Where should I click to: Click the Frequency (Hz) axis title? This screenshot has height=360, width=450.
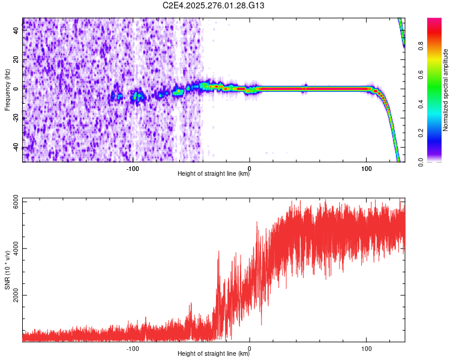tap(7, 90)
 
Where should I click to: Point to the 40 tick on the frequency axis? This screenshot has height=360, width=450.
tap(16, 31)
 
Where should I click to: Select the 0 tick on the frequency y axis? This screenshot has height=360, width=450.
tap(16, 89)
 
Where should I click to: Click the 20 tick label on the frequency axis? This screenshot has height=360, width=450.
tap(16, 60)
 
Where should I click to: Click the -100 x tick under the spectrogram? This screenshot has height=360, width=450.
tap(133, 168)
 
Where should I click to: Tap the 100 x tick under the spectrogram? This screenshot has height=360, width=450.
tap(366, 168)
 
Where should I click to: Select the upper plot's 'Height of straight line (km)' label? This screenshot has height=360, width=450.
tap(214, 174)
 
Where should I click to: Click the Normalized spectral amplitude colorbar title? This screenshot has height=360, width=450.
tap(445, 90)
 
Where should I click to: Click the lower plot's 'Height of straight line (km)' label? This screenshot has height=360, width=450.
tap(214, 354)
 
